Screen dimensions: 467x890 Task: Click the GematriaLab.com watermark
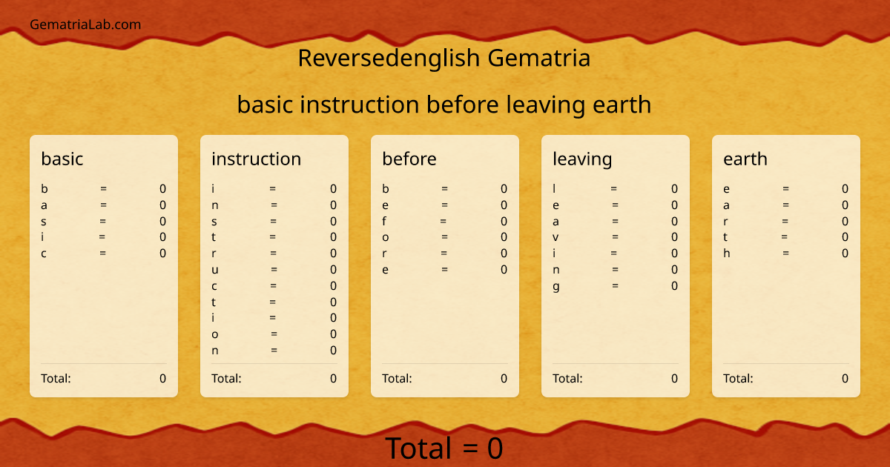click(x=85, y=24)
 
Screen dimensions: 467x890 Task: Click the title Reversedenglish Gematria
click(x=444, y=58)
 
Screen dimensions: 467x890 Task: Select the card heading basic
click(x=62, y=159)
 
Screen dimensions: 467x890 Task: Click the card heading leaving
click(x=582, y=159)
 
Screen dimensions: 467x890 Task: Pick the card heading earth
click(x=745, y=159)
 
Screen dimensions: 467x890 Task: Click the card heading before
click(x=409, y=159)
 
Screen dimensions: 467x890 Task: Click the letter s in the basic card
click(x=44, y=221)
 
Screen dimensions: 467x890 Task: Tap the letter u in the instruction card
click(x=215, y=270)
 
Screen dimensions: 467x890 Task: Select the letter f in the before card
click(x=384, y=221)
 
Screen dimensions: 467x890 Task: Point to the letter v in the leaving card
click(x=556, y=237)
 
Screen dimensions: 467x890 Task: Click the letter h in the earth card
click(x=727, y=254)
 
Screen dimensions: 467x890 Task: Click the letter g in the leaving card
click(x=556, y=287)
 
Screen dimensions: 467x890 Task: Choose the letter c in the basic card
click(x=44, y=254)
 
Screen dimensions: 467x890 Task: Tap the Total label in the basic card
click(x=56, y=379)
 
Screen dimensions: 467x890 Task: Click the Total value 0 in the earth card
click(x=845, y=379)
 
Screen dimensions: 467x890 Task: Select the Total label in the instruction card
click(x=226, y=379)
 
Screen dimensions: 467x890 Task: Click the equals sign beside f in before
click(x=444, y=221)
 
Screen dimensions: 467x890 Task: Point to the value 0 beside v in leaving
click(x=674, y=237)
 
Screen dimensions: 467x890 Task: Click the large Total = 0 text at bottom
click(x=444, y=448)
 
